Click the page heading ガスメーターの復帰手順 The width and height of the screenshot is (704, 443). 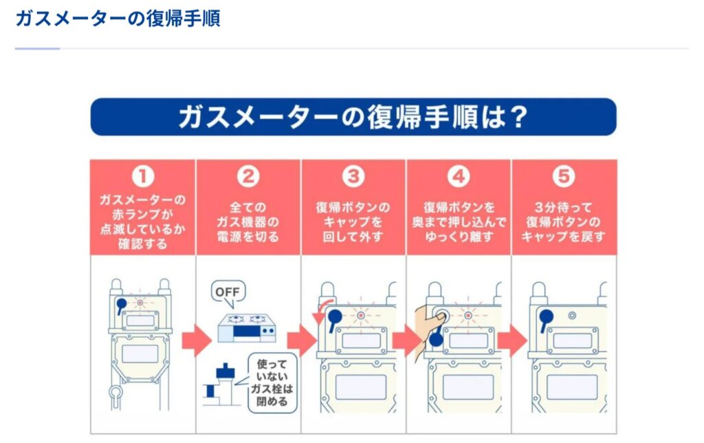click(118, 19)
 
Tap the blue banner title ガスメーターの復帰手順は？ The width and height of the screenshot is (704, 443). click(353, 117)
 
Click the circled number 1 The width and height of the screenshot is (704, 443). click(143, 177)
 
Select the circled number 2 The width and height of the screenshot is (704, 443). click(248, 177)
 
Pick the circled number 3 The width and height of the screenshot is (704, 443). click(353, 177)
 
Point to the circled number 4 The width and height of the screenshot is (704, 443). click(458, 177)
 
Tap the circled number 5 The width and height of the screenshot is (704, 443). click(564, 177)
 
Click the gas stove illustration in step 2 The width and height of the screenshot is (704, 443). click(247, 327)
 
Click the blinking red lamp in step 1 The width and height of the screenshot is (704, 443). click(140, 302)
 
